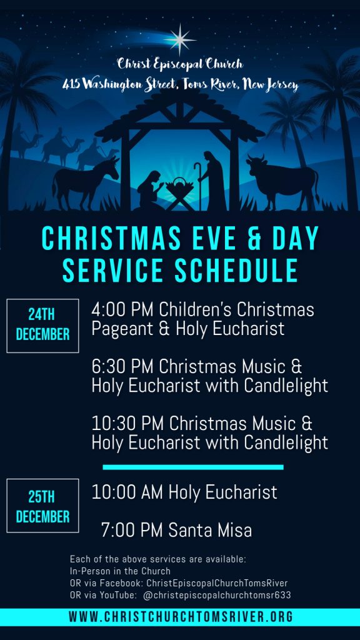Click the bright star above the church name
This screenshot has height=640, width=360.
pos(181,39)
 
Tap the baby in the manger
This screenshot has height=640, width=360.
pos(180,185)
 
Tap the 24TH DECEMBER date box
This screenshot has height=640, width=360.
pos(42,326)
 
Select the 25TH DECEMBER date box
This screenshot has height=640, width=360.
pos(42,506)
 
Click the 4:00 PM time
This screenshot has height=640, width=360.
pos(122,309)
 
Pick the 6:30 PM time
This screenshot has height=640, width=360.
pos(122,366)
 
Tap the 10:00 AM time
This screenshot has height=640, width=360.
pos(127,492)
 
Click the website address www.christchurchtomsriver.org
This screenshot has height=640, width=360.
pos(181,617)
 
